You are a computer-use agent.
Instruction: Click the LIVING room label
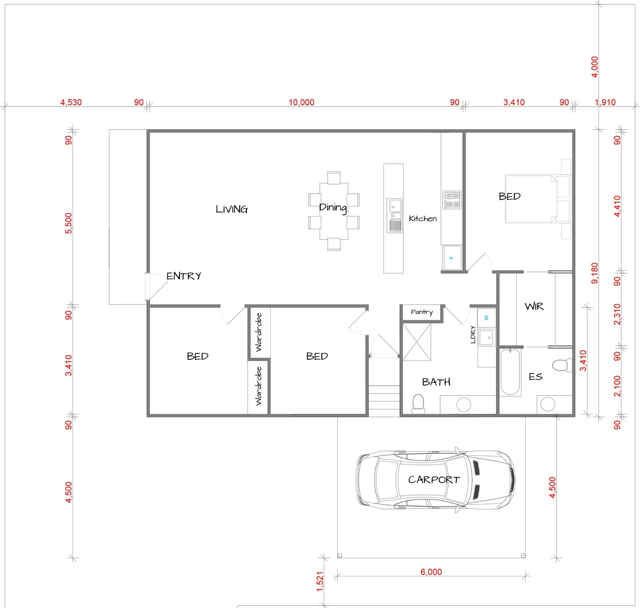pyautogui.click(x=231, y=209)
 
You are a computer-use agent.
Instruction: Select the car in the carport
pyautogui.click(x=435, y=479)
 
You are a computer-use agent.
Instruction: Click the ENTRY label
pyautogui.click(x=184, y=276)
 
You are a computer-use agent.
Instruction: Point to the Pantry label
pyautogui.click(x=422, y=312)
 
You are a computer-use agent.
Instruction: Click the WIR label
pyautogui.click(x=534, y=306)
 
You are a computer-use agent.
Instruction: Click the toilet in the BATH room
pyautogui.click(x=418, y=404)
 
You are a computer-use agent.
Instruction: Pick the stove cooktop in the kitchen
pyautogui.click(x=452, y=200)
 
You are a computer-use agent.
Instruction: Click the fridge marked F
pyautogui.click(x=451, y=258)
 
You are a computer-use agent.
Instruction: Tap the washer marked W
pyautogui.click(x=486, y=318)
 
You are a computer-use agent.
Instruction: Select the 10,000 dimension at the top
pyautogui.click(x=301, y=102)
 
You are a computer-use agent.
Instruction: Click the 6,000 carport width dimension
pyautogui.click(x=431, y=572)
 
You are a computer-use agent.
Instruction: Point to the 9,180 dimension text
pyautogui.click(x=594, y=274)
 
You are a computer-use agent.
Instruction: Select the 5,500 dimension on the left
pyautogui.click(x=69, y=223)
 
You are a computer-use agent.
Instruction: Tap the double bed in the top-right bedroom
pyautogui.click(x=535, y=199)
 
